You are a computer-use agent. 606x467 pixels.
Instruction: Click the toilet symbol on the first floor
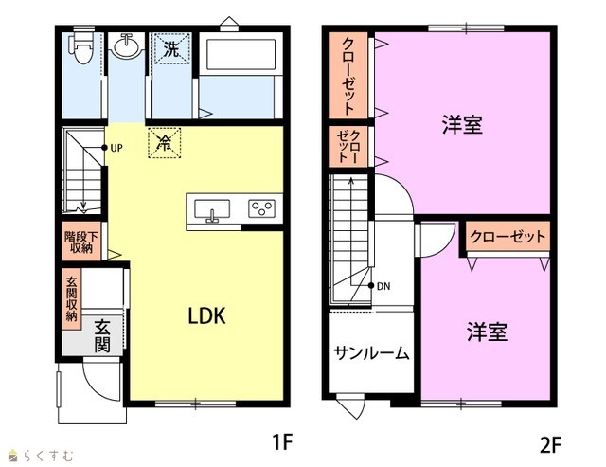(80, 47)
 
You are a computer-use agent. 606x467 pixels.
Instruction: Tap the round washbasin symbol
(126, 46)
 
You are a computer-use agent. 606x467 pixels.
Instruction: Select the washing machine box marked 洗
(171, 48)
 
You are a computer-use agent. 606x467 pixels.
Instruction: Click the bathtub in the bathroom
(241, 54)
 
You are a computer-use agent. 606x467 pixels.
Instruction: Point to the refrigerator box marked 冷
(164, 143)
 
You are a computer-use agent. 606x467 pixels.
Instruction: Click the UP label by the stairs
(116, 148)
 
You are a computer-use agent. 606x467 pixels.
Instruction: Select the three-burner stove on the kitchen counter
(261, 208)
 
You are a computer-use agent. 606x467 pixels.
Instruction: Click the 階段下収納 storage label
(81, 242)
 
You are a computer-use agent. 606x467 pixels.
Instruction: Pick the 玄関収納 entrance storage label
(72, 298)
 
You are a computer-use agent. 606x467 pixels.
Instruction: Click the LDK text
(206, 315)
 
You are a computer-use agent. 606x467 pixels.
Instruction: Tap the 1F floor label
(282, 441)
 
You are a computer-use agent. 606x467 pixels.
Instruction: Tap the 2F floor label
(550, 446)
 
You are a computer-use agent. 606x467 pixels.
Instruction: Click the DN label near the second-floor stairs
(383, 286)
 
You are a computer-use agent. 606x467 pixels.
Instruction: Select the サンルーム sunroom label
(371, 353)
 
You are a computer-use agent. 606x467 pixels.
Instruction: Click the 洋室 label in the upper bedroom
(462, 125)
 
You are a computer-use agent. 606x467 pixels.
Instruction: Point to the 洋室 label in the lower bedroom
(487, 332)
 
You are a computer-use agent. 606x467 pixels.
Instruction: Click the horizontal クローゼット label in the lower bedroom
(508, 236)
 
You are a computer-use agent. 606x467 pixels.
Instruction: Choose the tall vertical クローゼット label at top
(348, 76)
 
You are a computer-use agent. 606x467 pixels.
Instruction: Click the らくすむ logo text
(48, 456)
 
